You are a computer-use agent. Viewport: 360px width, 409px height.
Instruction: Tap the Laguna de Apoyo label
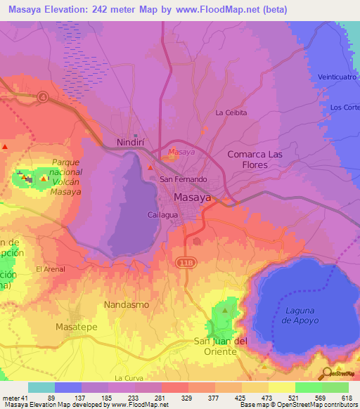302,316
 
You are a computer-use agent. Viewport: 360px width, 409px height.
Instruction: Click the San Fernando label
184,179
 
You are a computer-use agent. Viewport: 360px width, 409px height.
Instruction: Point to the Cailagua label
162,214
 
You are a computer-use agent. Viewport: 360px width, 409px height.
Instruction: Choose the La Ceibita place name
231,112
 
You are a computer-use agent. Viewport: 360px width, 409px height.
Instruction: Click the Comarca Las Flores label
258,160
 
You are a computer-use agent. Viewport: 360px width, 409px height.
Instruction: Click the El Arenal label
51,269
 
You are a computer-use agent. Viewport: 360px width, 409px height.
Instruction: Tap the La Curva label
128,377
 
